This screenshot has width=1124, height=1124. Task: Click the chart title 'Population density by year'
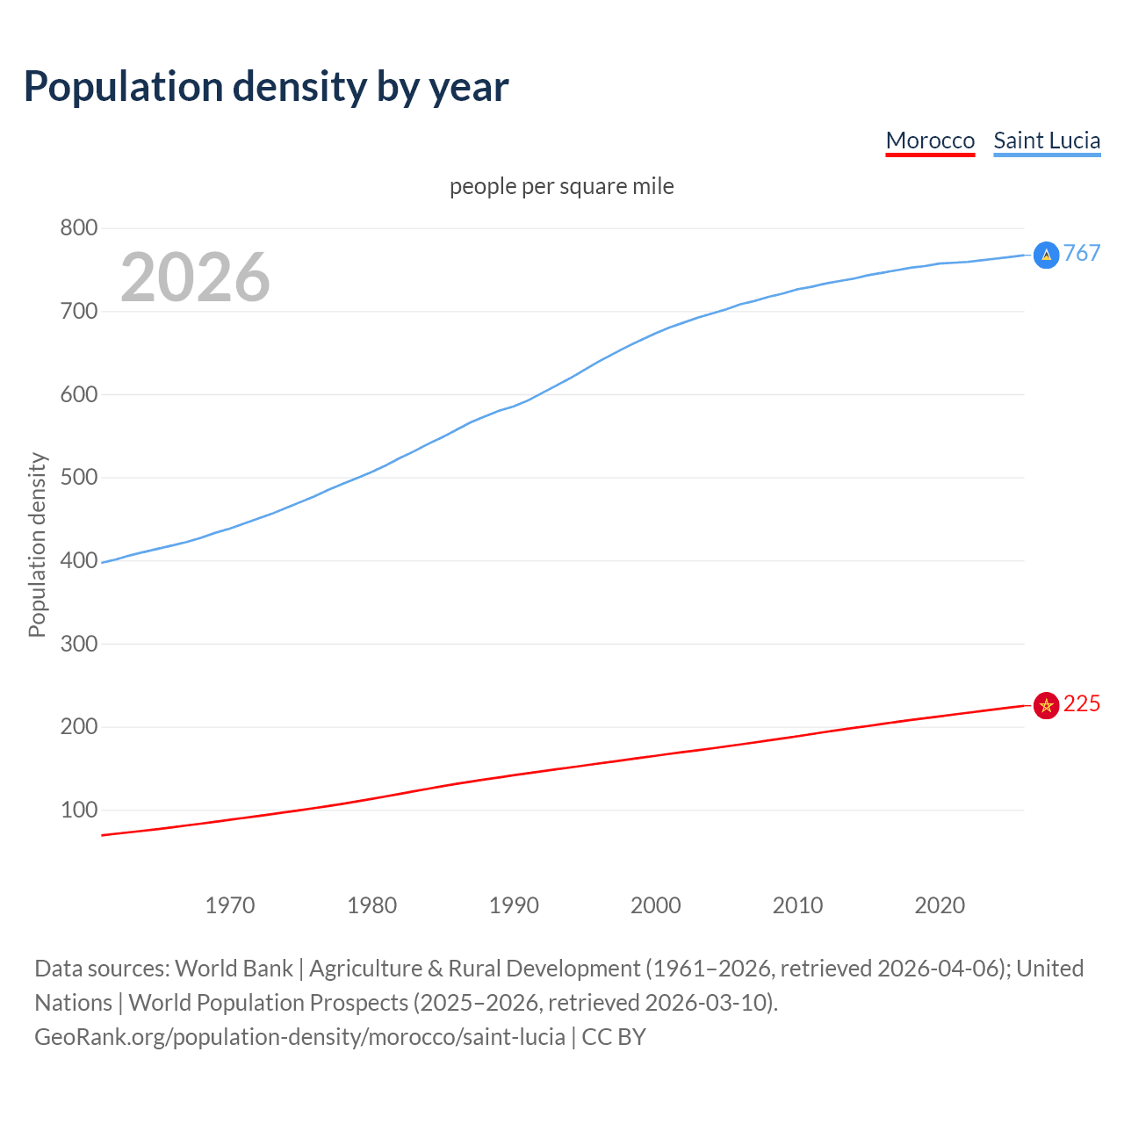pyautogui.click(x=266, y=86)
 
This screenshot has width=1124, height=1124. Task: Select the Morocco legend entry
pyautogui.click(x=930, y=140)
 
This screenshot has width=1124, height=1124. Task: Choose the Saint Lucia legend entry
pyautogui.click(x=1047, y=140)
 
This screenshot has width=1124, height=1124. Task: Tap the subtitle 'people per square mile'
pyautogui.click(x=561, y=186)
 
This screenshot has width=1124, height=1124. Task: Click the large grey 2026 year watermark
pyautogui.click(x=195, y=277)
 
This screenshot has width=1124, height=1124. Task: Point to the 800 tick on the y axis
pyautogui.click(x=78, y=228)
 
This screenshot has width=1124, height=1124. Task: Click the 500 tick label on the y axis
pyautogui.click(x=78, y=478)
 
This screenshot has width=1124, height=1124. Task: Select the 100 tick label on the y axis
pyautogui.click(x=78, y=810)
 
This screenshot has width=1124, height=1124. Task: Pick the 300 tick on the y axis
pyautogui.click(x=78, y=644)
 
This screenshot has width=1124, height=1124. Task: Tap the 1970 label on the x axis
pyautogui.click(x=230, y=905)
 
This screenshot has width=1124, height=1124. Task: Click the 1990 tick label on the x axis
pyautogui.click(x=514, y=905)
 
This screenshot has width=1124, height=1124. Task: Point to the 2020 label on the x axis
pyautogui.click(x=940, y=905)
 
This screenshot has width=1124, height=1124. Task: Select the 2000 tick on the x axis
pyautogui.click(x=656, y=905)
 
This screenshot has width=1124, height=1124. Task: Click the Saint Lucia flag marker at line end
pyautogui.click(x=1046, y=255)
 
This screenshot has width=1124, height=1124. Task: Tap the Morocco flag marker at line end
pyautogui.click(x=1046, y=705)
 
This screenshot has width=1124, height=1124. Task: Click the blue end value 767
pyautogui.click(x=1082, y=254)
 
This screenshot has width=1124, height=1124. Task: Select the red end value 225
pyautogui.click(x=1082, y=704)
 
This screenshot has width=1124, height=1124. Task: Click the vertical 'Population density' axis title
pyautogui.click(x=37, y=544)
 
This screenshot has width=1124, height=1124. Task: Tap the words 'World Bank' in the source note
pyautogui.click(x=234, y=969)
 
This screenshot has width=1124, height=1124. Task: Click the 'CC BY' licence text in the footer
pyautogui.click(x=614, y=1037)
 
